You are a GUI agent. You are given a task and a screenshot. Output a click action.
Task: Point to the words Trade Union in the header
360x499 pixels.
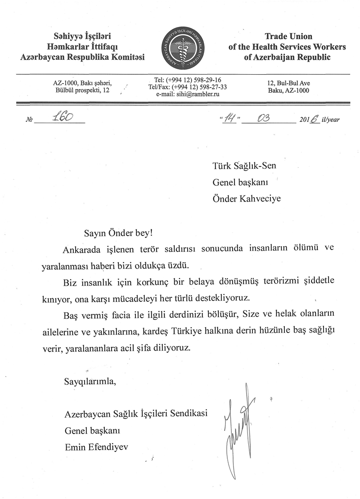tap(288, 36)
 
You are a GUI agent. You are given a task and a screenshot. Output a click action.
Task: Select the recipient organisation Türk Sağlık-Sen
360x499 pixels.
tap(244, 166)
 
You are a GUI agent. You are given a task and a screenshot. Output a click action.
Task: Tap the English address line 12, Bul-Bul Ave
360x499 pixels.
tap(288, 83)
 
